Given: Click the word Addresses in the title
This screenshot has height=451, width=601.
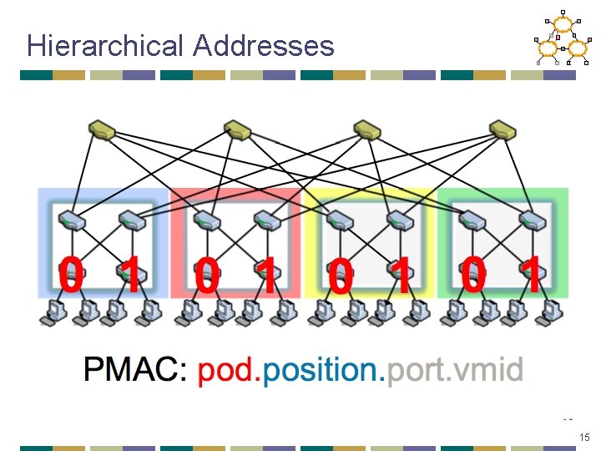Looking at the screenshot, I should (x=263, y=45).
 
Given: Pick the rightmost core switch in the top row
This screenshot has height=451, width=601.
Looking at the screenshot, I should (x=503, y=129).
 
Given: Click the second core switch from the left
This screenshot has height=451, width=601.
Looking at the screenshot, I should (x=236, y=129).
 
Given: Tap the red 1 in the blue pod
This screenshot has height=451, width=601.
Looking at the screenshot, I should (x=129, y=276).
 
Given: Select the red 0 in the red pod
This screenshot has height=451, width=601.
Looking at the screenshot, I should (x=206, y=276).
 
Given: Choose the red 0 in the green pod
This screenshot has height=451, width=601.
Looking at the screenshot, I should (x=472, y=276).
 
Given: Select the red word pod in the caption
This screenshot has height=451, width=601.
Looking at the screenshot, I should (x=227, y=368).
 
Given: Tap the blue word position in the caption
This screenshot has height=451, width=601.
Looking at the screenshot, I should (x=322, y=368).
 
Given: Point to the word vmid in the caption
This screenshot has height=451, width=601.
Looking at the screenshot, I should (x=490, y=368).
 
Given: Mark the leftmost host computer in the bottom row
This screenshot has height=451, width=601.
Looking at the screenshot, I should (x=52, y=311).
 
